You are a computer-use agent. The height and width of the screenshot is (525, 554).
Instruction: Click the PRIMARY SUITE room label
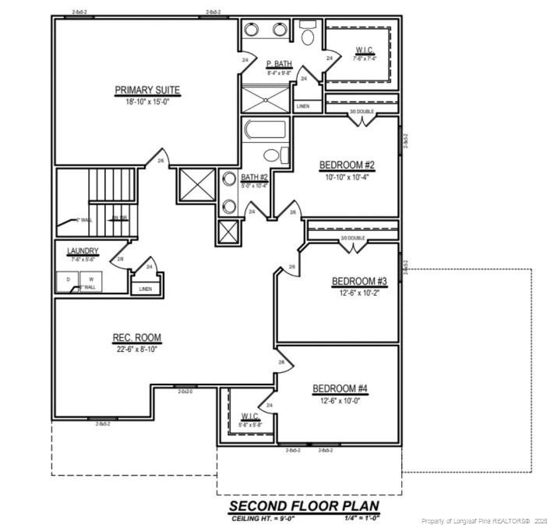[147, 90]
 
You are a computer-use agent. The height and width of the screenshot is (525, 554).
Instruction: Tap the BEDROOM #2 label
[347, 165]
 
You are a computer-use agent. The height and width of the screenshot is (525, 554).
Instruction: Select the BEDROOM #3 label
[359, 282]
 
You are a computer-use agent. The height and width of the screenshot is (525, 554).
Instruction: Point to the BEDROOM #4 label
[340, 388]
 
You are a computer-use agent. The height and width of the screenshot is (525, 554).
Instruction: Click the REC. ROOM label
[136, 338]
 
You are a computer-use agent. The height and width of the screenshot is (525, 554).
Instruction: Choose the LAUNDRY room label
[82, 250]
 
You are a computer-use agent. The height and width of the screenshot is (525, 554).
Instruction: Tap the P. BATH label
[278, 64]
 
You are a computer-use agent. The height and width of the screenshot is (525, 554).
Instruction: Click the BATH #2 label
[254, 177]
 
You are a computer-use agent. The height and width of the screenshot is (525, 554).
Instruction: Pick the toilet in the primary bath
[307, 36]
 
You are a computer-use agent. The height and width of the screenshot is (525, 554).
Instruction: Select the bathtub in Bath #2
[265, 129]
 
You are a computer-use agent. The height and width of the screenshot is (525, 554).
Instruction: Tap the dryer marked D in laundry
[68, 278]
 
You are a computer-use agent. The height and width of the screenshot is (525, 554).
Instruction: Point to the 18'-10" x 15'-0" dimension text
[147, 101]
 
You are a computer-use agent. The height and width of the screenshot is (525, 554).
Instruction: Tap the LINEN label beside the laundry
[146, 289]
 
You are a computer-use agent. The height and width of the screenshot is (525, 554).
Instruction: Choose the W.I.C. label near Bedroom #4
[250, 415]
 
